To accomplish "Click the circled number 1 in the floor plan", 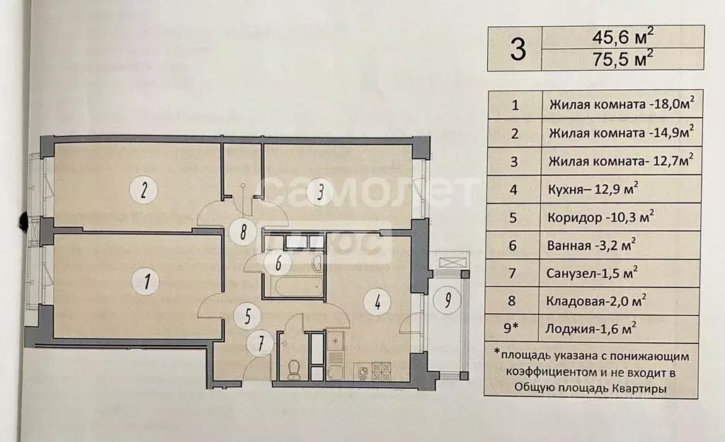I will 147,281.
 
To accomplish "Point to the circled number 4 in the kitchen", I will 377,302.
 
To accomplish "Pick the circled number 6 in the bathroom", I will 278,263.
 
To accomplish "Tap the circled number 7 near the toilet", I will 262,344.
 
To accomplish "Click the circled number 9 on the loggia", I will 447,301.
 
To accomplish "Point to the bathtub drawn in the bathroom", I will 292,285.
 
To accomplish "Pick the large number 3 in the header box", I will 518,48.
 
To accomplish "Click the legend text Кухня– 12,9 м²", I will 592,189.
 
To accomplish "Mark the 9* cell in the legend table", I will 515,327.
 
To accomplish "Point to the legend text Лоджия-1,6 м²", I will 592,327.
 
